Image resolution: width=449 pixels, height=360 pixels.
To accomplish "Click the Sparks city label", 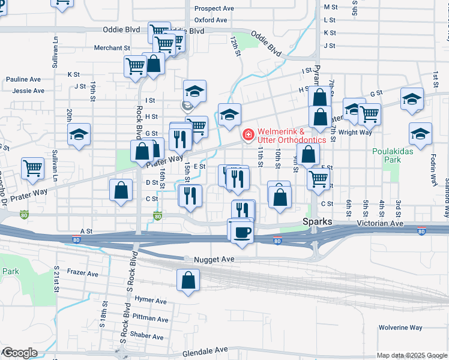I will point(316,222).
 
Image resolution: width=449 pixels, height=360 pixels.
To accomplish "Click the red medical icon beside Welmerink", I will point(247,136).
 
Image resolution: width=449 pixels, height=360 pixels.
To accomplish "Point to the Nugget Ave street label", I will point(214,259).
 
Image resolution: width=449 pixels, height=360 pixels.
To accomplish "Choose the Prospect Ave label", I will point(214,9).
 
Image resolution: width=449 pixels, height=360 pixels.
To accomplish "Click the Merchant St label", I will point(112,48).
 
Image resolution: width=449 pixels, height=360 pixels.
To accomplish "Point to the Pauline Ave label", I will point(23,79).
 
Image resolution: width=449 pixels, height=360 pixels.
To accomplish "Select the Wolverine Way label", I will point(400,328).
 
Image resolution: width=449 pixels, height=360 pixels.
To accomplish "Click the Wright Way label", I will point(355,133).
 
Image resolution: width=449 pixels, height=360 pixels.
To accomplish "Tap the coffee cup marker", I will point(242,232).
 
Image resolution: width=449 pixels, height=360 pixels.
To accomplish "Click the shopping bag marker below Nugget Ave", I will point(188,280).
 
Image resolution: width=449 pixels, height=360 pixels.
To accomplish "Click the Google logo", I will point(19,352).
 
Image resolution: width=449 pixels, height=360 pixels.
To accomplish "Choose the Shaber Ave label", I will point(146,336).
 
